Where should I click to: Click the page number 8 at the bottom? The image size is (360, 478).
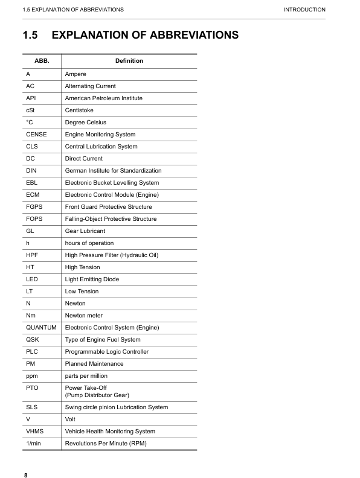(26, 475)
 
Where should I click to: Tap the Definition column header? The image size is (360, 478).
(129, 61)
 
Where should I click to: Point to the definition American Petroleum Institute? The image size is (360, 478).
(104, 98)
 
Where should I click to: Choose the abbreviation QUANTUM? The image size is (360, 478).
(41, 328)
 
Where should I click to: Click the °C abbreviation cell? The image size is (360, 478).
(30, 123)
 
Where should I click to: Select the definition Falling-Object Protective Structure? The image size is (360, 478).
(111, 219)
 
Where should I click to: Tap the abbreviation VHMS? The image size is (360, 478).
(35, 432)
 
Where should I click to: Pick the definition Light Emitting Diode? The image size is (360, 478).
(92, 279)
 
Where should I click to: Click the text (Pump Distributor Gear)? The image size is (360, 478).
(97, 395)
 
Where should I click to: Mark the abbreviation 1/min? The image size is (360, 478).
(33, 444)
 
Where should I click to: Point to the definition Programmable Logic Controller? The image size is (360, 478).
(106, 352)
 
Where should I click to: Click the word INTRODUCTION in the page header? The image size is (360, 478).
(304, 10)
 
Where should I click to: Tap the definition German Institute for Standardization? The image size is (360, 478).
(113, 171)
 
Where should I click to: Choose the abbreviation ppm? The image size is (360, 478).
(32, 376)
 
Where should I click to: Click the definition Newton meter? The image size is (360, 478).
(83, 316)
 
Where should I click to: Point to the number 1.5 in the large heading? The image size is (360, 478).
(30, 35)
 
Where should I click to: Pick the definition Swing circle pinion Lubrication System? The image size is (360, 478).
(116, 407)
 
